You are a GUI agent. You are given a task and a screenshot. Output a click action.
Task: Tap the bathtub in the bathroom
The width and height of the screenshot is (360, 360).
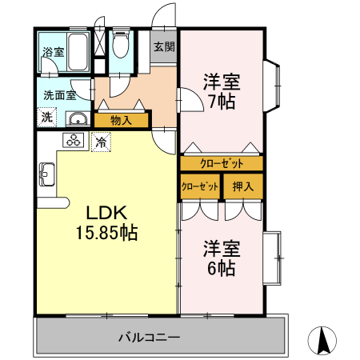coord(78,53)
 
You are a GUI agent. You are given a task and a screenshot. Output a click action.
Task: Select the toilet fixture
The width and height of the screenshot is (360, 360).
coord(122,46)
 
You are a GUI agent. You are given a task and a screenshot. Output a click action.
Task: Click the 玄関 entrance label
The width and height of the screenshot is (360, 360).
coord(164,46)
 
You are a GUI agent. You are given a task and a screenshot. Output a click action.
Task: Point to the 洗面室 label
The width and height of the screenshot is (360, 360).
coord(60,94)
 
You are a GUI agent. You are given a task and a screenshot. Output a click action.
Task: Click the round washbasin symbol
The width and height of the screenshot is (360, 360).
coord(78,120)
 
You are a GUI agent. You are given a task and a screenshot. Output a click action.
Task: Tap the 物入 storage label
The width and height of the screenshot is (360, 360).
coord(121,121)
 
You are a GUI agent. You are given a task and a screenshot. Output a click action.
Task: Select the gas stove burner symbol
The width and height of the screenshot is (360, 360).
coord(74,142)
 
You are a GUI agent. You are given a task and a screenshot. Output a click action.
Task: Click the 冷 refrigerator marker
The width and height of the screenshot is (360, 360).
coord(102,142)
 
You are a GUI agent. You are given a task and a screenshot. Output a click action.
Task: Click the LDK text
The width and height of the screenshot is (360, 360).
coord(106,214)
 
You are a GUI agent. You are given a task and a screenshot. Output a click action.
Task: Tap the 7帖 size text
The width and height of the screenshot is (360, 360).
coord(221,102)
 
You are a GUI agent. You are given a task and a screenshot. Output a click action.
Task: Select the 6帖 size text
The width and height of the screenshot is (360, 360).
coord(221,268)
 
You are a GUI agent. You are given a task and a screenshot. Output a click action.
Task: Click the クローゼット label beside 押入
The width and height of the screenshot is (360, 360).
coord(200,186)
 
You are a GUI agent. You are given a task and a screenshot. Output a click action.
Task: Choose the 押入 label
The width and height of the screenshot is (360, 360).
coord(242,186)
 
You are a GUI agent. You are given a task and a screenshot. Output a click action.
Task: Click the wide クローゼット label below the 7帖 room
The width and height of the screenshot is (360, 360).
coord(221,163)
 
